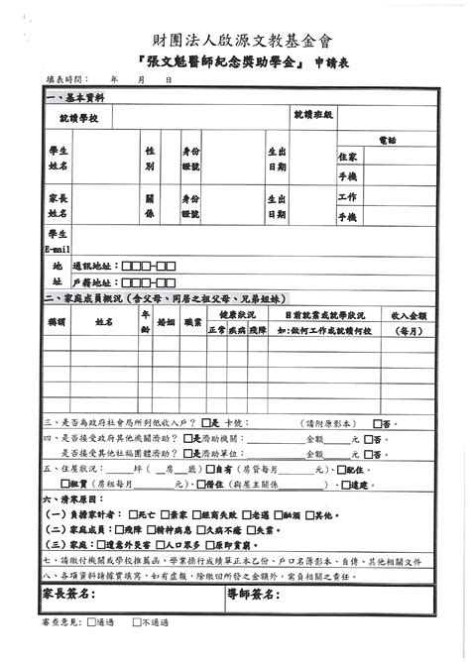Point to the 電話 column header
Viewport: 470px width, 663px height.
point(387,141)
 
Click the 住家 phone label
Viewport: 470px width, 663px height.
point(347,157)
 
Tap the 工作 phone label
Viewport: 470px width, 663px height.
point(347,197)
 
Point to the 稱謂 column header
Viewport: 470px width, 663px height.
point(57,322)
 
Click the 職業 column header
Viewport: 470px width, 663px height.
point(191,322)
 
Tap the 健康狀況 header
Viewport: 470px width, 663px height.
point(236,313)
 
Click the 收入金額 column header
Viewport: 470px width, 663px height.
point(409,314)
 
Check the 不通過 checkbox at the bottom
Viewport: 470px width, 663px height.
point(136,622)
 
